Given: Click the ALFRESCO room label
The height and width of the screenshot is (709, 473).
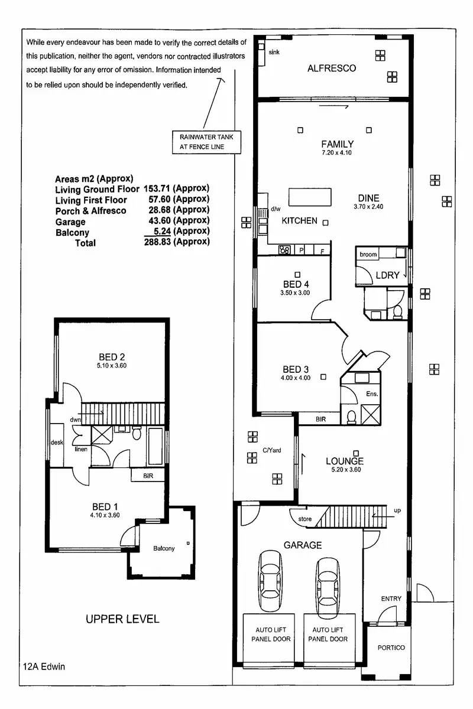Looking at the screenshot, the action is pos(332,68).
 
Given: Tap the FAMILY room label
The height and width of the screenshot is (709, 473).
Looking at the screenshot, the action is pos(338,144).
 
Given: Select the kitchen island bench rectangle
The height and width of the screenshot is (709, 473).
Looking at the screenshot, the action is pos(310,196).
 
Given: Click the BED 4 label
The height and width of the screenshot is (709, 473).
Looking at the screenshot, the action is pos(296,284).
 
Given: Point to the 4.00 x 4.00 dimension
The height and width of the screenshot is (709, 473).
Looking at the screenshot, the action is pos(296,378).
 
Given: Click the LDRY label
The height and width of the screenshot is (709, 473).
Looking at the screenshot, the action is pos(387,275).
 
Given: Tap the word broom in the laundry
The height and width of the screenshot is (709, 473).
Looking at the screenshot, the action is pos(368,255).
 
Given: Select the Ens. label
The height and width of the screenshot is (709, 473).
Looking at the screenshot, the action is pos(372,393).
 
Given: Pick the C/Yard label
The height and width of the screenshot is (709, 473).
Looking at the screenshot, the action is pos(271,450).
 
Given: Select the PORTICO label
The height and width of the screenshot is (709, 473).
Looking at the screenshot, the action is pos(391,648).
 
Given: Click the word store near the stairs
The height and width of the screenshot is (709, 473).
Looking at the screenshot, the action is pos(305,519).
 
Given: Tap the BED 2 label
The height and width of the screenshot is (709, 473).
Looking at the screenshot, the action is pos(112,357).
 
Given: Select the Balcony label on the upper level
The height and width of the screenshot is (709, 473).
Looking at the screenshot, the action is pos(164,548).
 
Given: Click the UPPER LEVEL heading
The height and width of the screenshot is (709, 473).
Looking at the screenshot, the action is pos(122,619).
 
